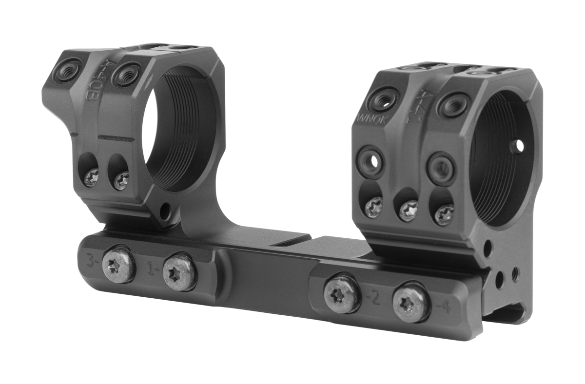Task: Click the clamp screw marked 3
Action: coord(119,266)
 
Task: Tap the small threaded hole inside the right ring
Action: coord(518,145)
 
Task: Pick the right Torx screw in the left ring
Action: coord(120,182)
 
